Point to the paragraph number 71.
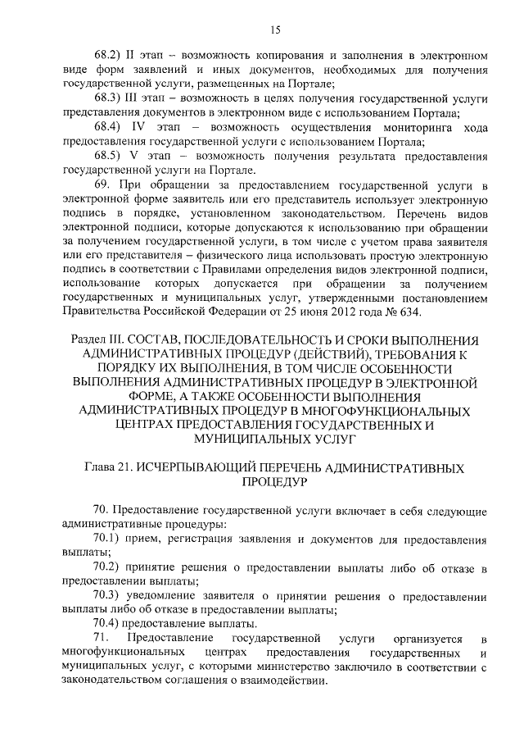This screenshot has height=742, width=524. (102, 639)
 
